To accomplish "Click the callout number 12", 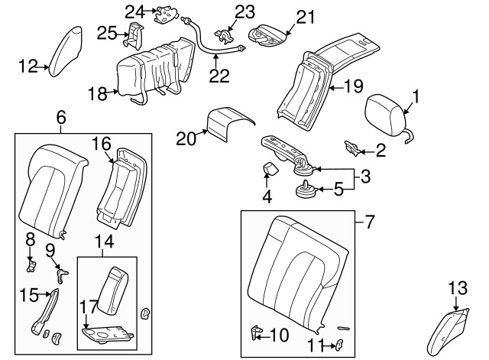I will tap(28, 66).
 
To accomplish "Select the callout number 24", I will tap(134, 11).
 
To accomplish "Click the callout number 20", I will tap(186, 138).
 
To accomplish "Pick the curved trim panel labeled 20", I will tap(228, 123).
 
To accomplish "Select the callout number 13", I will tap(456, 287).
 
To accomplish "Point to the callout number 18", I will tap(96, 94).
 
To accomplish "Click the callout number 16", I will tap(102, 143).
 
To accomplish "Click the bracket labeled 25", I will tap(135, 35).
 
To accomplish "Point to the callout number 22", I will tap(219, 76).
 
